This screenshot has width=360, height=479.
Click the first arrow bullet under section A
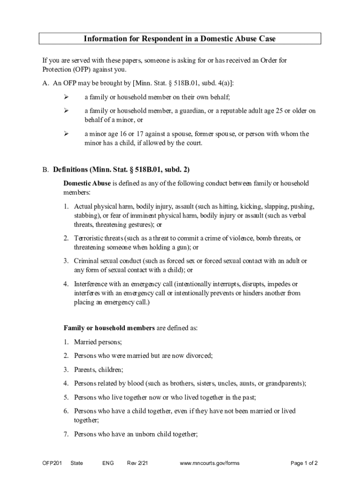(66, 97)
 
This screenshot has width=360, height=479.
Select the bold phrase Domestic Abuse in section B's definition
(87, 183)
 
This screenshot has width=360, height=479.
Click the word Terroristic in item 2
(90, 238)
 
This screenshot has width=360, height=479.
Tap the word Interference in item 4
(92, 284)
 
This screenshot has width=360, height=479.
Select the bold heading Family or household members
(109, 328)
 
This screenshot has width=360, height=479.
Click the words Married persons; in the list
(98, 342)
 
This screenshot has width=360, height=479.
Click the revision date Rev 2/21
(138, 463)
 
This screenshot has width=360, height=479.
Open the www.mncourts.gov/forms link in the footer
(209, 463)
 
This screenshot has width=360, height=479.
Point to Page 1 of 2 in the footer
(304, 463)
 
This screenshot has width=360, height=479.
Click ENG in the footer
(108, 463)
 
